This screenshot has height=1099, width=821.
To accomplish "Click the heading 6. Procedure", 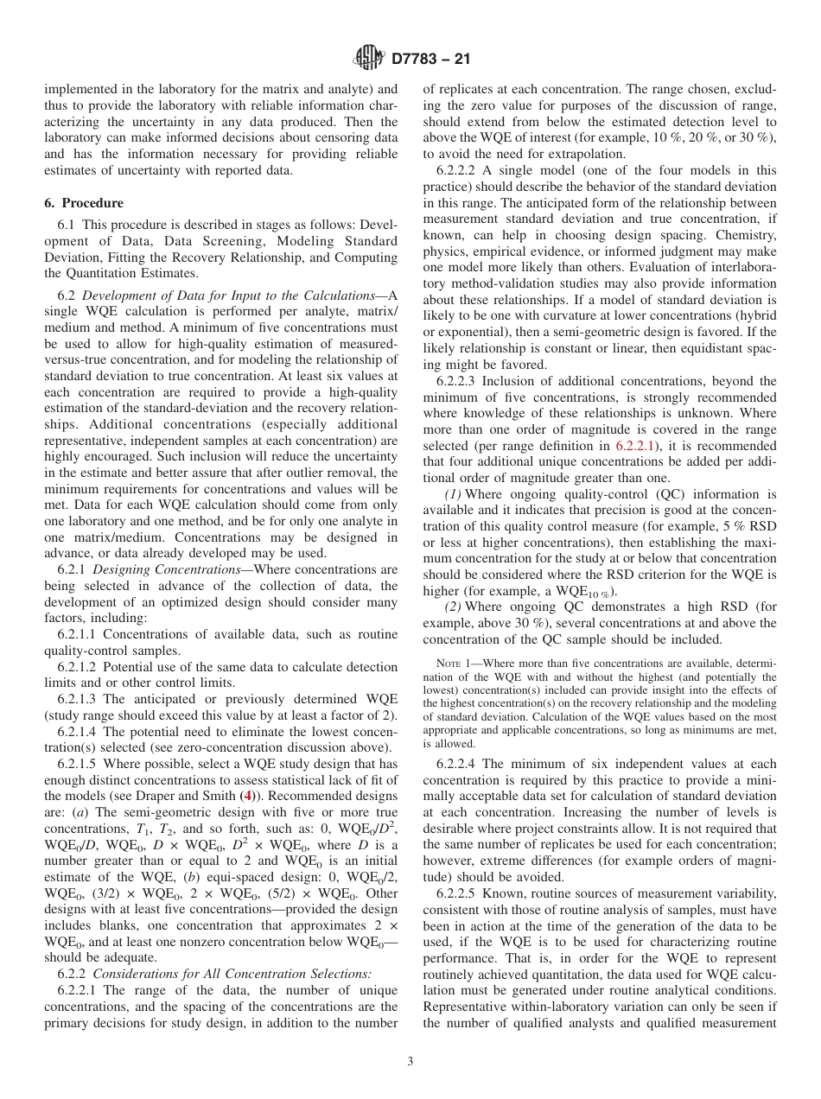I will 84,203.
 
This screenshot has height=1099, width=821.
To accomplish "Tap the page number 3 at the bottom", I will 410,1062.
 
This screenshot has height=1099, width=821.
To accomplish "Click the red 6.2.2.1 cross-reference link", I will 634,445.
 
